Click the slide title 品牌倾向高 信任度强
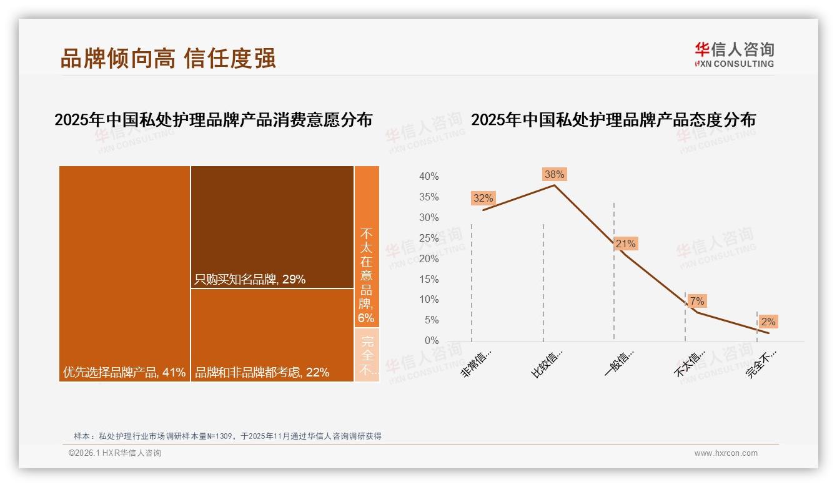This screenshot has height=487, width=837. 168,58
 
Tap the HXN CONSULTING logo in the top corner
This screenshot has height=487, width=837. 734,54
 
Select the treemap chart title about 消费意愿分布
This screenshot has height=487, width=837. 213,119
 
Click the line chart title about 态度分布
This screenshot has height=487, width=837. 613,119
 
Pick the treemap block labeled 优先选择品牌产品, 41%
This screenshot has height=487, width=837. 124,273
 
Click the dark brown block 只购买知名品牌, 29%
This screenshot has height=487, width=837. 272,227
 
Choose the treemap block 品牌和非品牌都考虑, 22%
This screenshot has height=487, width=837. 272,335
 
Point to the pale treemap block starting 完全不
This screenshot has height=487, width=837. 367,355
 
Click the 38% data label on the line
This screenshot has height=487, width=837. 554,174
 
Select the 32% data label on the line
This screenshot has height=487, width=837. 483,199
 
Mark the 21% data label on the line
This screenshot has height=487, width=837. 625,243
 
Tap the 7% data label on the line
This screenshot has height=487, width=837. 697,301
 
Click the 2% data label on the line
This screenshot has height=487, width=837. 768,322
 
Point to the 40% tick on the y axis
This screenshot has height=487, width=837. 428,177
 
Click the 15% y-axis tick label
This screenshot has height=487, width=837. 428,279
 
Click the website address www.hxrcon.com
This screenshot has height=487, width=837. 726,453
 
